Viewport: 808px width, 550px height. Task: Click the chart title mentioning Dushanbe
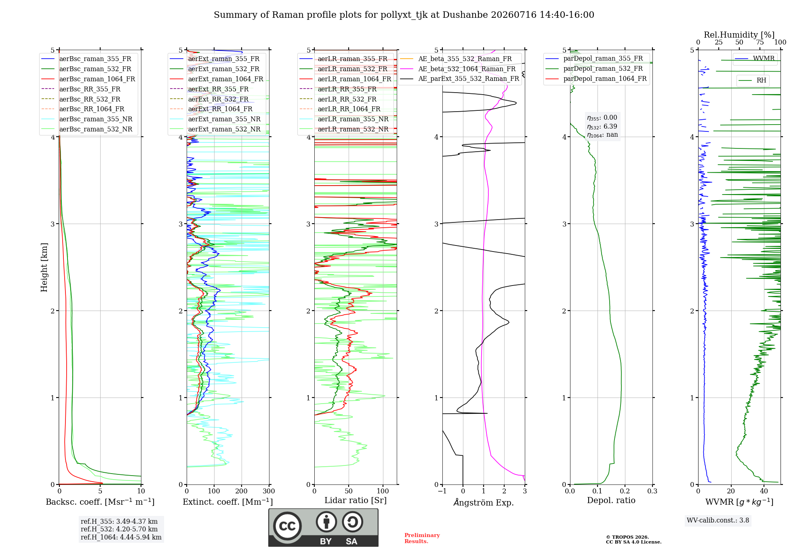[404, 15]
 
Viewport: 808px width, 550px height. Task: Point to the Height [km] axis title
[44, 267]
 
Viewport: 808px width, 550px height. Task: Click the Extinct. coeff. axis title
[228, 502]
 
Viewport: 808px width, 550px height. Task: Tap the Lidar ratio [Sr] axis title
[356, 500]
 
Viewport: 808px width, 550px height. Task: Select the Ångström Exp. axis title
[484, 502]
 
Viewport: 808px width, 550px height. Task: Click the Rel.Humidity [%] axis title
[739, 35]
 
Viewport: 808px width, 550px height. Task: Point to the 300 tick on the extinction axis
[269, 491]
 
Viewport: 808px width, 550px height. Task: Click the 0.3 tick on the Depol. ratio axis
[652, 491]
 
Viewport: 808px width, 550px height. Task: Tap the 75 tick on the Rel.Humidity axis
[760, 42]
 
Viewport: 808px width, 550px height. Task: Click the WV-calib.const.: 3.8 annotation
[718, 520]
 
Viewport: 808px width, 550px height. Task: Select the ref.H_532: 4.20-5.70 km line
[119, 529]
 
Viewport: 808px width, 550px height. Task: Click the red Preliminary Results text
[422, 538]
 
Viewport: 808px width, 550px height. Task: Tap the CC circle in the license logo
[287, 526]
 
